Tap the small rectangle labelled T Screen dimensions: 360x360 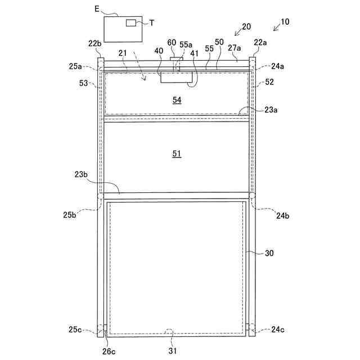tap(130, 22)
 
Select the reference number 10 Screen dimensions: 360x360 tap(285, 22)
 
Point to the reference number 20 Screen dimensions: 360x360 tap(246, 26)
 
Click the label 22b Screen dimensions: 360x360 tap(94, 43)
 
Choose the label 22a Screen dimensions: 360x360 tap(260, 43)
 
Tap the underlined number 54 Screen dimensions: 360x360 tap(177, 100)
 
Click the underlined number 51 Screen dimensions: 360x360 tap(177, 153)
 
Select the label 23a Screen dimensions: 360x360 tap(271, 110)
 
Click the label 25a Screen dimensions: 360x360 tap(76, 66)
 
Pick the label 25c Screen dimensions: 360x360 tap(76, 329)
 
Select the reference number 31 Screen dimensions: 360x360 tap(172, 352)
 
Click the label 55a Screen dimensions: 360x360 tap(186, 43)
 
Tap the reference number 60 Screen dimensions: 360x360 tap(172, 43)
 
